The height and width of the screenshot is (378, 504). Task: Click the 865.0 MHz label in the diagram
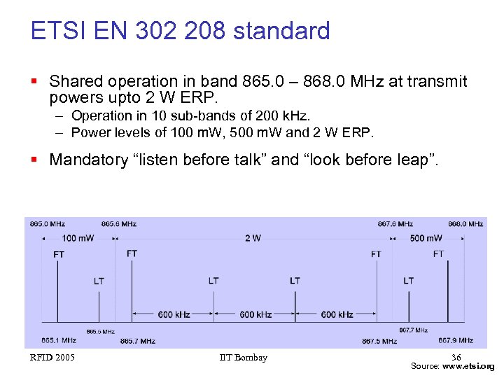(x=48, y=224)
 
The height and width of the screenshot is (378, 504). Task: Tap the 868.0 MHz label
(x=465, y=224)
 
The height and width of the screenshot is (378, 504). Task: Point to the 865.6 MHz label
(x=118, y=224)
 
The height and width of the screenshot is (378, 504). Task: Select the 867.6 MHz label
(x=395, y=224)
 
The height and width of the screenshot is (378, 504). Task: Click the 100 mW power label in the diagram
(x=78, y=238)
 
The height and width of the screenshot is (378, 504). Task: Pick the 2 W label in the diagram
(x=253, y=238)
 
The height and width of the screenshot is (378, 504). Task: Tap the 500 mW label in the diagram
(x=426, y=238)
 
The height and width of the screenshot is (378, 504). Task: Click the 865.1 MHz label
(x=59, y=341)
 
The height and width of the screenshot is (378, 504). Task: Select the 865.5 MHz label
(x=100, y=331)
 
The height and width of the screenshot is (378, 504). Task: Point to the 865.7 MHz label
(x=137, y=341)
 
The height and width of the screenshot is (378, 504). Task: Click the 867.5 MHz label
(x=379, y=341)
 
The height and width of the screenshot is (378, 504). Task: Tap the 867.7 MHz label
(x=413, y=330)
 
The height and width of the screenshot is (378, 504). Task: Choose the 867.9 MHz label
(x=456, y=341)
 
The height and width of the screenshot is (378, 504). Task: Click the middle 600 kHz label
(x=255, y=314)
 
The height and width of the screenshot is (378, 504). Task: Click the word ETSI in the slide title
(x=53, y=31)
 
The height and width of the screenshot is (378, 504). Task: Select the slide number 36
(x=456, y=358)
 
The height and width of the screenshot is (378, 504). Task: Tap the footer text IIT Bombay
(x=243, y=358)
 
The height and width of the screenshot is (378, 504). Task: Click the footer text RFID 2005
(x=52, y=358)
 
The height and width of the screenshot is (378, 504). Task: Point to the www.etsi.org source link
(x=469, y=366)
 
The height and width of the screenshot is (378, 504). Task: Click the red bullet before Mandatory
(x=35, y=160)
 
